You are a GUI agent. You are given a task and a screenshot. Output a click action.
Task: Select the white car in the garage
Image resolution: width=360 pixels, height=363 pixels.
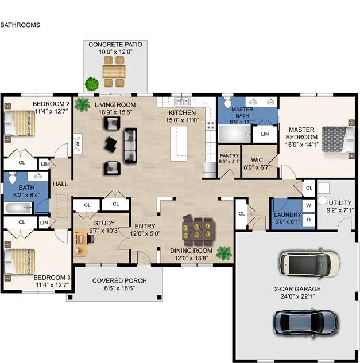[x=308, y=263]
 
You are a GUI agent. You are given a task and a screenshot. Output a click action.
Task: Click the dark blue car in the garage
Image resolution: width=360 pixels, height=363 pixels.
[x=305, y=322]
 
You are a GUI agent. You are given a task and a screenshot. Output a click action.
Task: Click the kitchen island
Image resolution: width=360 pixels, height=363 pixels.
[x=179, y=143]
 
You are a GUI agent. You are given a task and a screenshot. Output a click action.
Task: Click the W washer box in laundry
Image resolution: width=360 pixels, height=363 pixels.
[x=308, y=205]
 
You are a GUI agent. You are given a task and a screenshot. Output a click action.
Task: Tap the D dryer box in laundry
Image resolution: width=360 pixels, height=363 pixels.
[x=308, y=220]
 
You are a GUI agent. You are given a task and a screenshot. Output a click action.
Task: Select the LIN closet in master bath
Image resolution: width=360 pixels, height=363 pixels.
[x=264, y=134]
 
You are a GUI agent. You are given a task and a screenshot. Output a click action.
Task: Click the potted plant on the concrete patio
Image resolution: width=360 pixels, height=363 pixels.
[x=91, y=84]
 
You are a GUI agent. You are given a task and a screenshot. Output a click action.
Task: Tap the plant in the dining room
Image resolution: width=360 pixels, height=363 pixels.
[x=223, y=252]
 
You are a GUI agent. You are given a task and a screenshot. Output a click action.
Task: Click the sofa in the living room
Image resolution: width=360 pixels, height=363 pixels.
[x=131, y=146]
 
